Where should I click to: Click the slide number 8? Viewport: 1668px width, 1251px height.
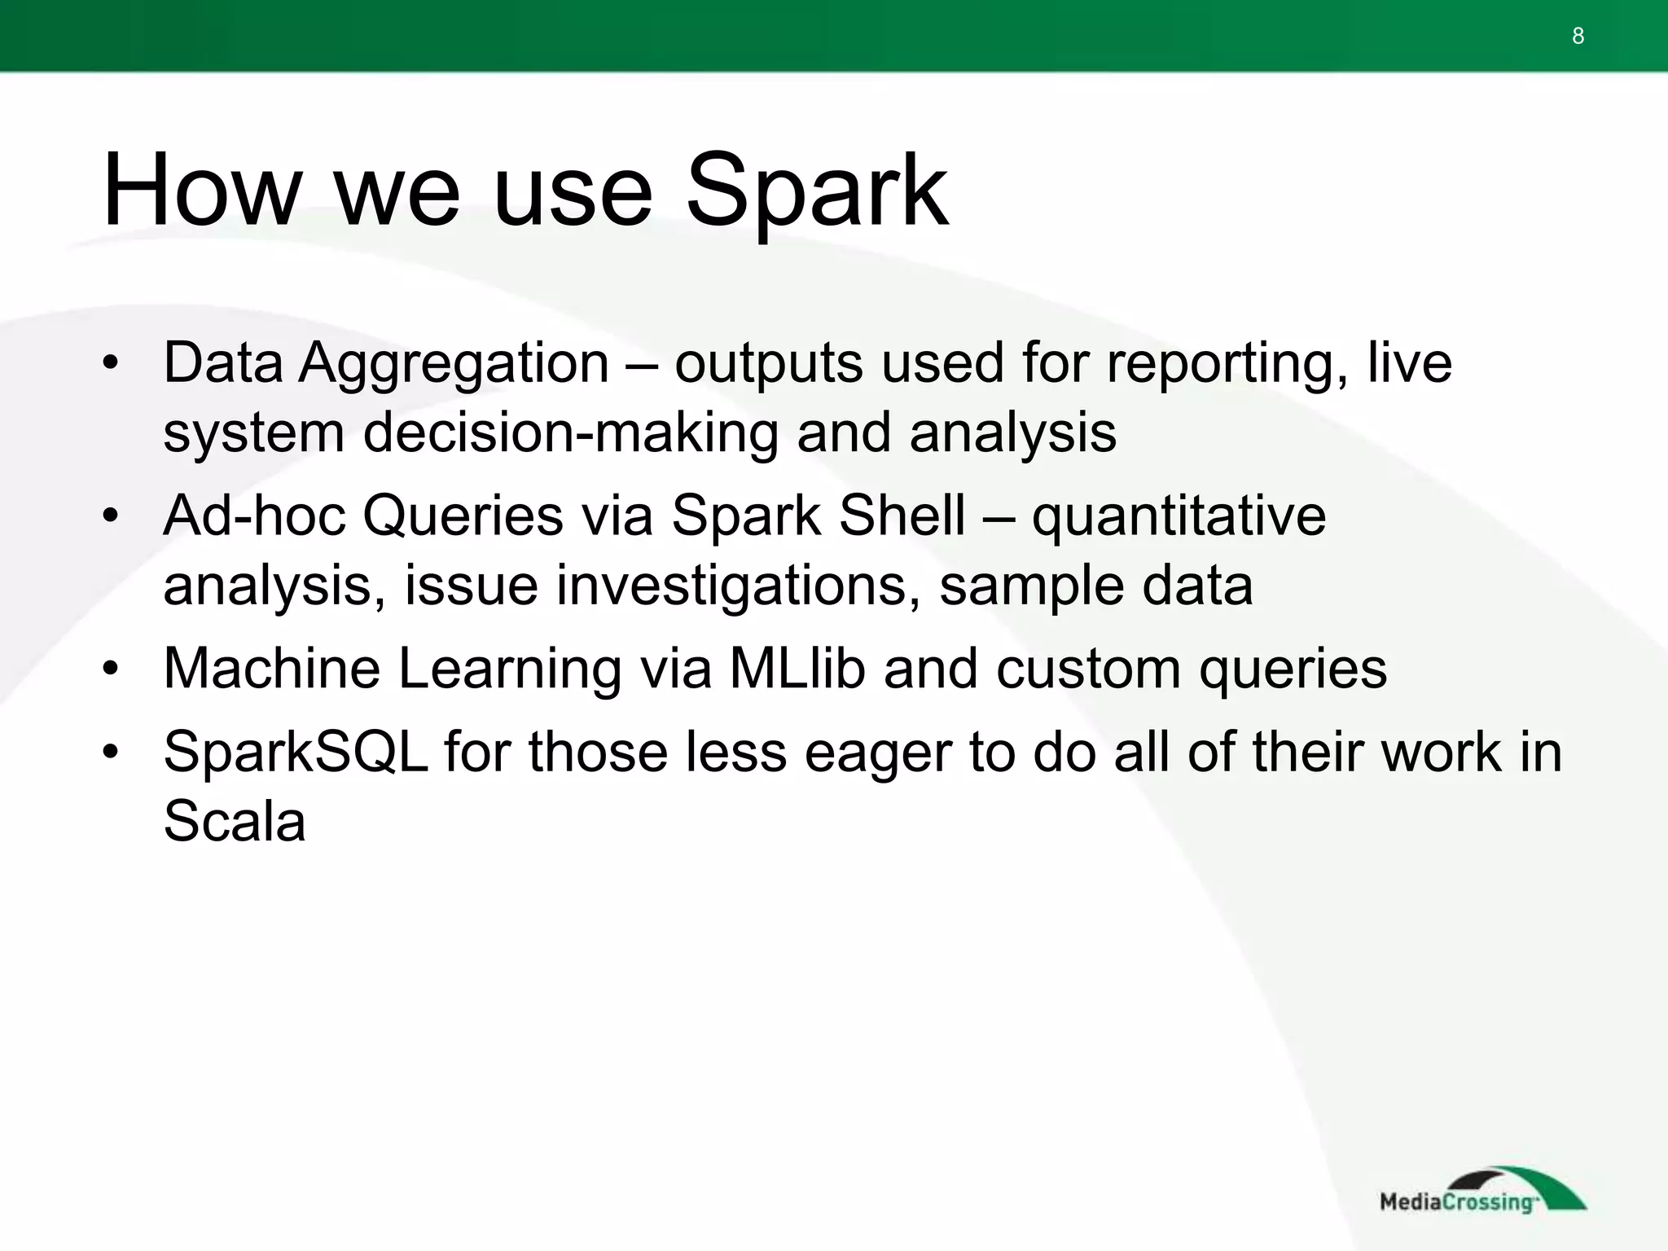[1578, 36]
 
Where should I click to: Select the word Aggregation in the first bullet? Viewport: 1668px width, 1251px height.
[454, 363]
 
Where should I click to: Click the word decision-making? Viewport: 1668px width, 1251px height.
[570, 433]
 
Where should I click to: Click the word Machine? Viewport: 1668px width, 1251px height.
[271, 669]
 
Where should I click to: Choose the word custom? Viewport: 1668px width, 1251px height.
[1088, 670]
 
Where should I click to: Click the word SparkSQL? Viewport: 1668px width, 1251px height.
[295, 752]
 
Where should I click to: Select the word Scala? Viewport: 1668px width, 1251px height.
[235, 821]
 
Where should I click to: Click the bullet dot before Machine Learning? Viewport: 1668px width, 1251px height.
[112, 669]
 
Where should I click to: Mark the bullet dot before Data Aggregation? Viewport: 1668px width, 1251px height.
[112, 363]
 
